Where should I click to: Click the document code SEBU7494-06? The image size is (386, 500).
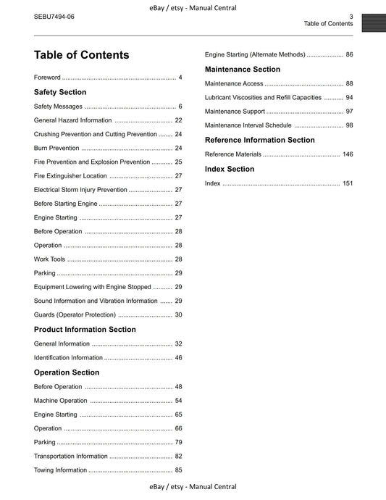click(54, 16)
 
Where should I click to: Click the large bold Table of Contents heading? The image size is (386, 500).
click(82, 55)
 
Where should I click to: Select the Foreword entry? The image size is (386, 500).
click(47, 77)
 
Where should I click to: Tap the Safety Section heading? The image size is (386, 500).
click(60, 92)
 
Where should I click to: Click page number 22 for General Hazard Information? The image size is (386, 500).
click(178, 120)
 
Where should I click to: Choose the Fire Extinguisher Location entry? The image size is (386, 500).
click(70, 176)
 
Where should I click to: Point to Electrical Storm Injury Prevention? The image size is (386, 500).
click(80, 190)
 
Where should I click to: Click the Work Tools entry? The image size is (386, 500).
click(49, 259)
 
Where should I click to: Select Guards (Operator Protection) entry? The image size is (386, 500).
click(75, 314)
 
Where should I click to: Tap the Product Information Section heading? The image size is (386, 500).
click(85, 329)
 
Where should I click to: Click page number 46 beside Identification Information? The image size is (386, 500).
click(178, 357)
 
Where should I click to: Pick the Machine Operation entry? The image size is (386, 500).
click(61, 401)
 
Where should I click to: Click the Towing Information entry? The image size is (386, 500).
click(61, 470)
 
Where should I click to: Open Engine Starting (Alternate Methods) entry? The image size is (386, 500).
click(255, 54)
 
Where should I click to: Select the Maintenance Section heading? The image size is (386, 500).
click(243, 69)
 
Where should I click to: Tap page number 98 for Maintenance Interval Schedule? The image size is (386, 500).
click(349, 125)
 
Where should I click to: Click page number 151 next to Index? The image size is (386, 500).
click(348, 183)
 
